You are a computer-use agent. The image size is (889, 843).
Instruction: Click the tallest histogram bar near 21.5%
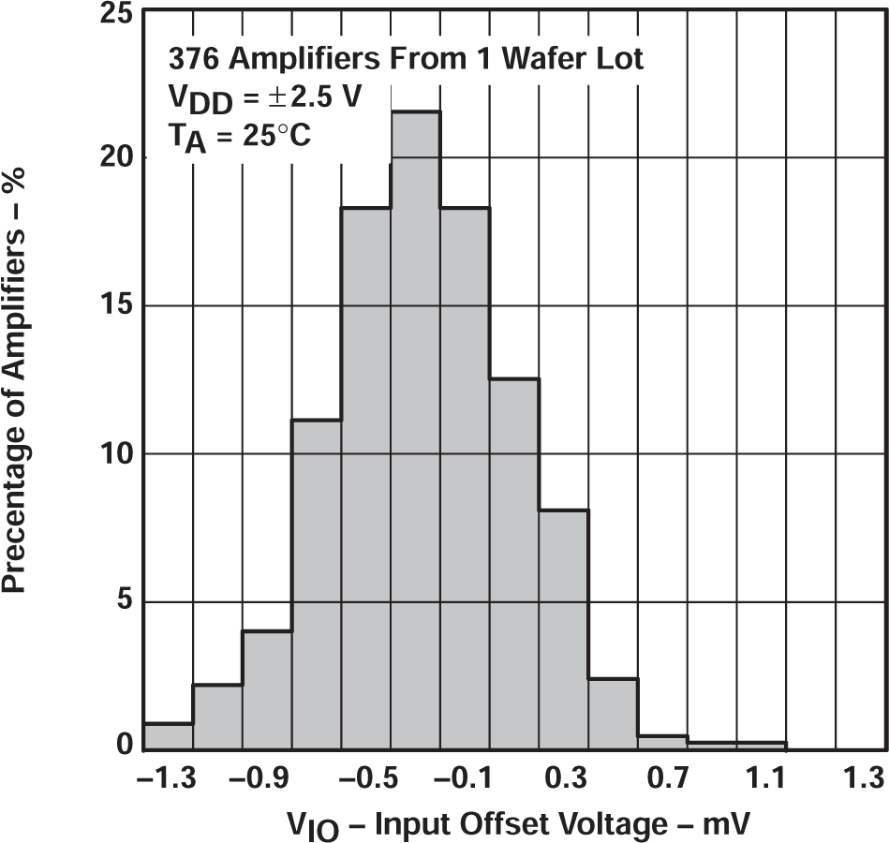(x=416, y=431)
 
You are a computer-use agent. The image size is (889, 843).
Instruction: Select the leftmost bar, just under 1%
(x=169, y=736)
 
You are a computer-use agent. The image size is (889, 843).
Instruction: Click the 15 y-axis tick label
(x=118, y=306)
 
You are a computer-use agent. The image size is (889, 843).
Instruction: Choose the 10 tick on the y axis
(x=118, y=454)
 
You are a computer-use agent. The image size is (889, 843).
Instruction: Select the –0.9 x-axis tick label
(x=263, y=777)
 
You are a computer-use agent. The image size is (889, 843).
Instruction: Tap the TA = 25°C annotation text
(x=239, y=137)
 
